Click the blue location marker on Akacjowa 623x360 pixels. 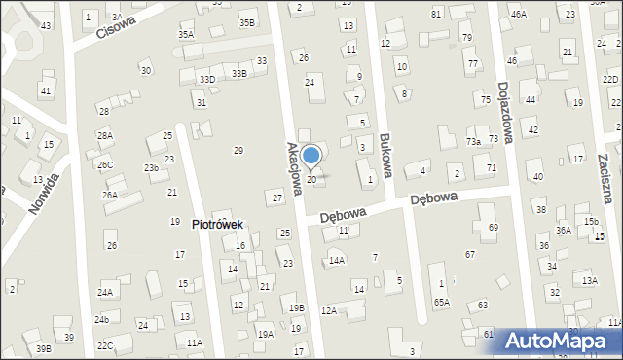[x=311, y=155]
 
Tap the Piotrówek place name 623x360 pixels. [x=217, y=225]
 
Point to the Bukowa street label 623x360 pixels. [x=388, y=157]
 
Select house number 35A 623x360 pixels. [x=186, y=34]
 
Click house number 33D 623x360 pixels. [x=206, y=80]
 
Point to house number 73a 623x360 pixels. [x=473, y=142]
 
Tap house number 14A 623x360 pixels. [x=337, y=261]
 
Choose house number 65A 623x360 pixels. [x=442, y=303]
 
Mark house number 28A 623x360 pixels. [x=104, y=136]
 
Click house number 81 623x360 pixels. [x=436, y=14]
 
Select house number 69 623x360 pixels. [x=493, y=227]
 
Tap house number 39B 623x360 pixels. [x=43, y=348]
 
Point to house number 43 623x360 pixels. [x=46, y=25]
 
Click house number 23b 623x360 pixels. [x=152, y=168]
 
